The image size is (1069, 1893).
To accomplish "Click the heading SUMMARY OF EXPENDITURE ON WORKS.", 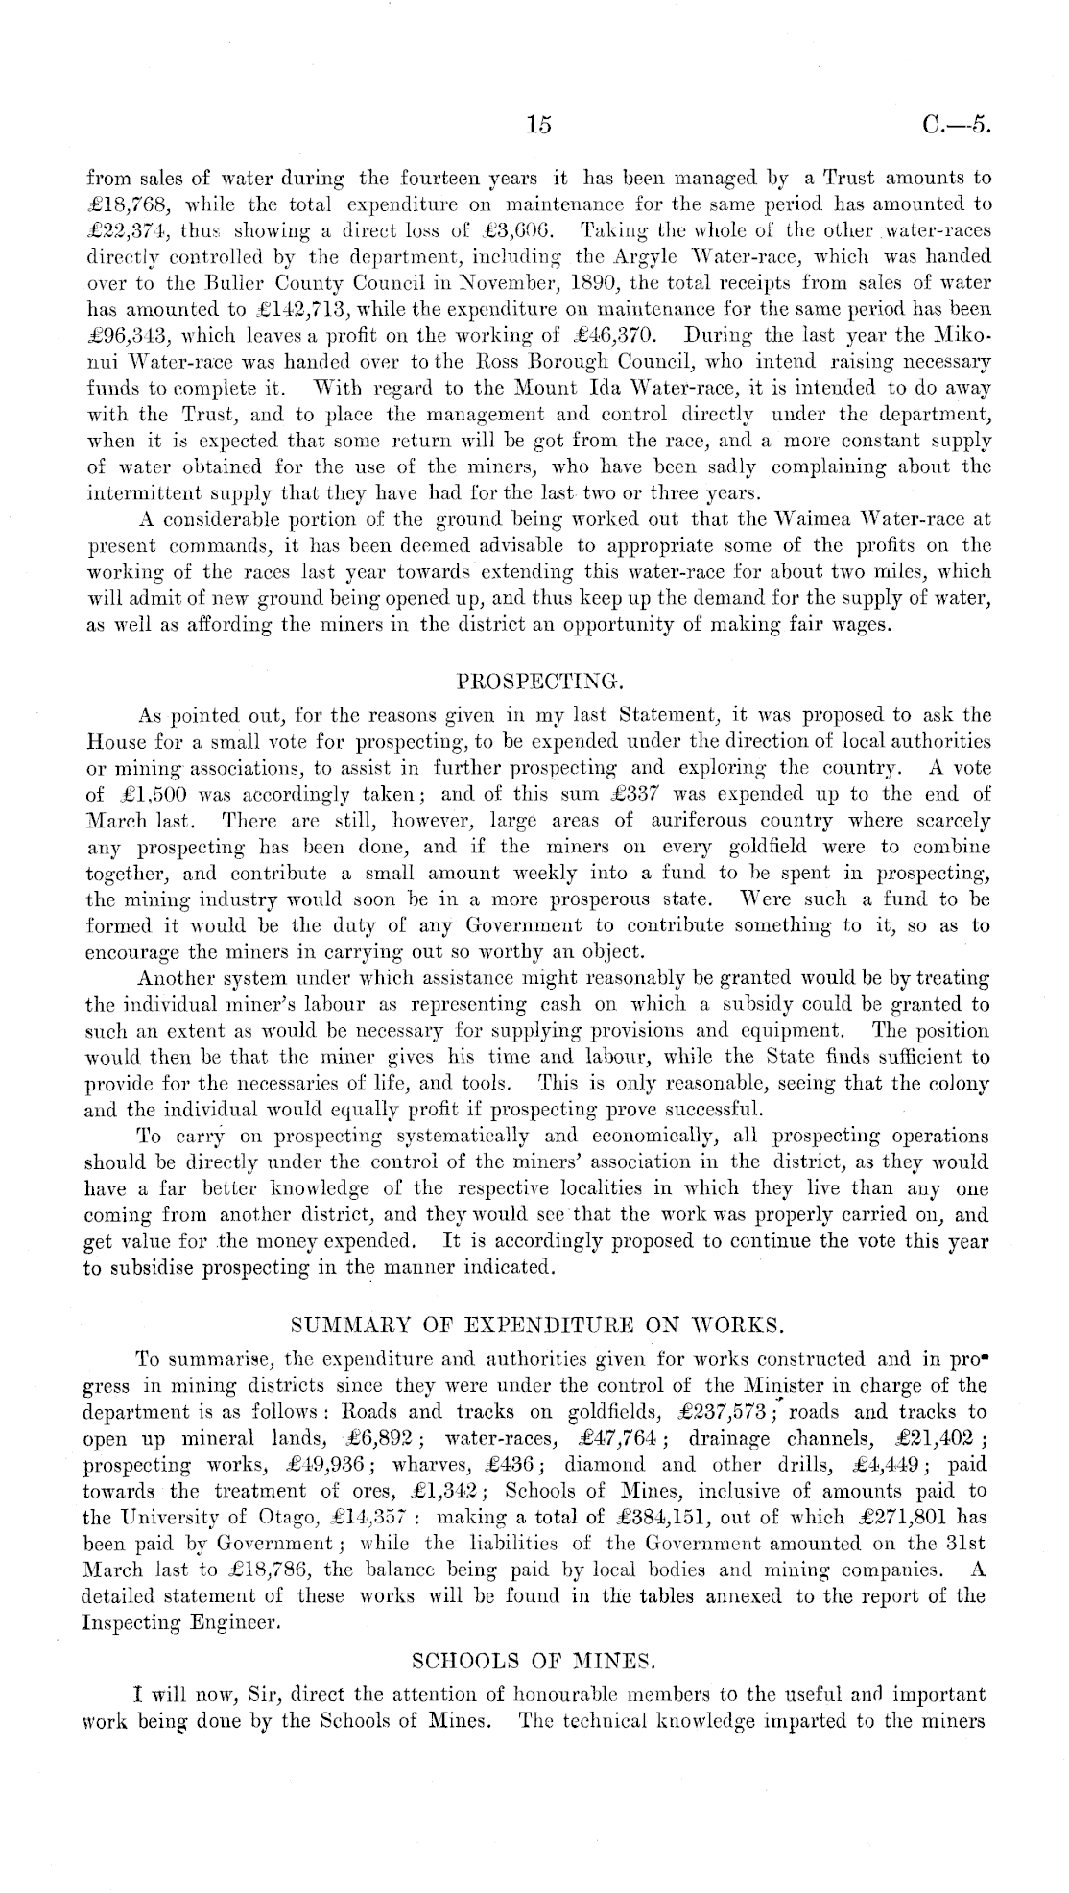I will [x=537, y=1327].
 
